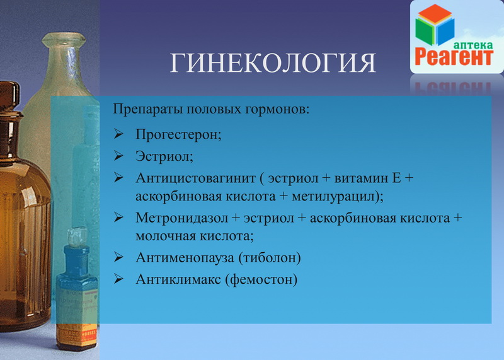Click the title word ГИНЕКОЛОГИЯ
(273, 62)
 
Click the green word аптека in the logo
(473, 45)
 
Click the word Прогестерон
(177, 134)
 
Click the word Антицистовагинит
(195, 178)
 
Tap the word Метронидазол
(181, 218)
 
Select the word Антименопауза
(185, 258)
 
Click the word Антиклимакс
(178, 279)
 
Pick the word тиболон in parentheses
(270, 258)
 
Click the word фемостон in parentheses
(261, 279)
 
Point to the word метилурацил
(333, 197)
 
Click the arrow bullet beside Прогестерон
(118, 134)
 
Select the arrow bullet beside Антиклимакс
(118, 279)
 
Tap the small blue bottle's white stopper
(77, 237)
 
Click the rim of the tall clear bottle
(64, 39)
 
